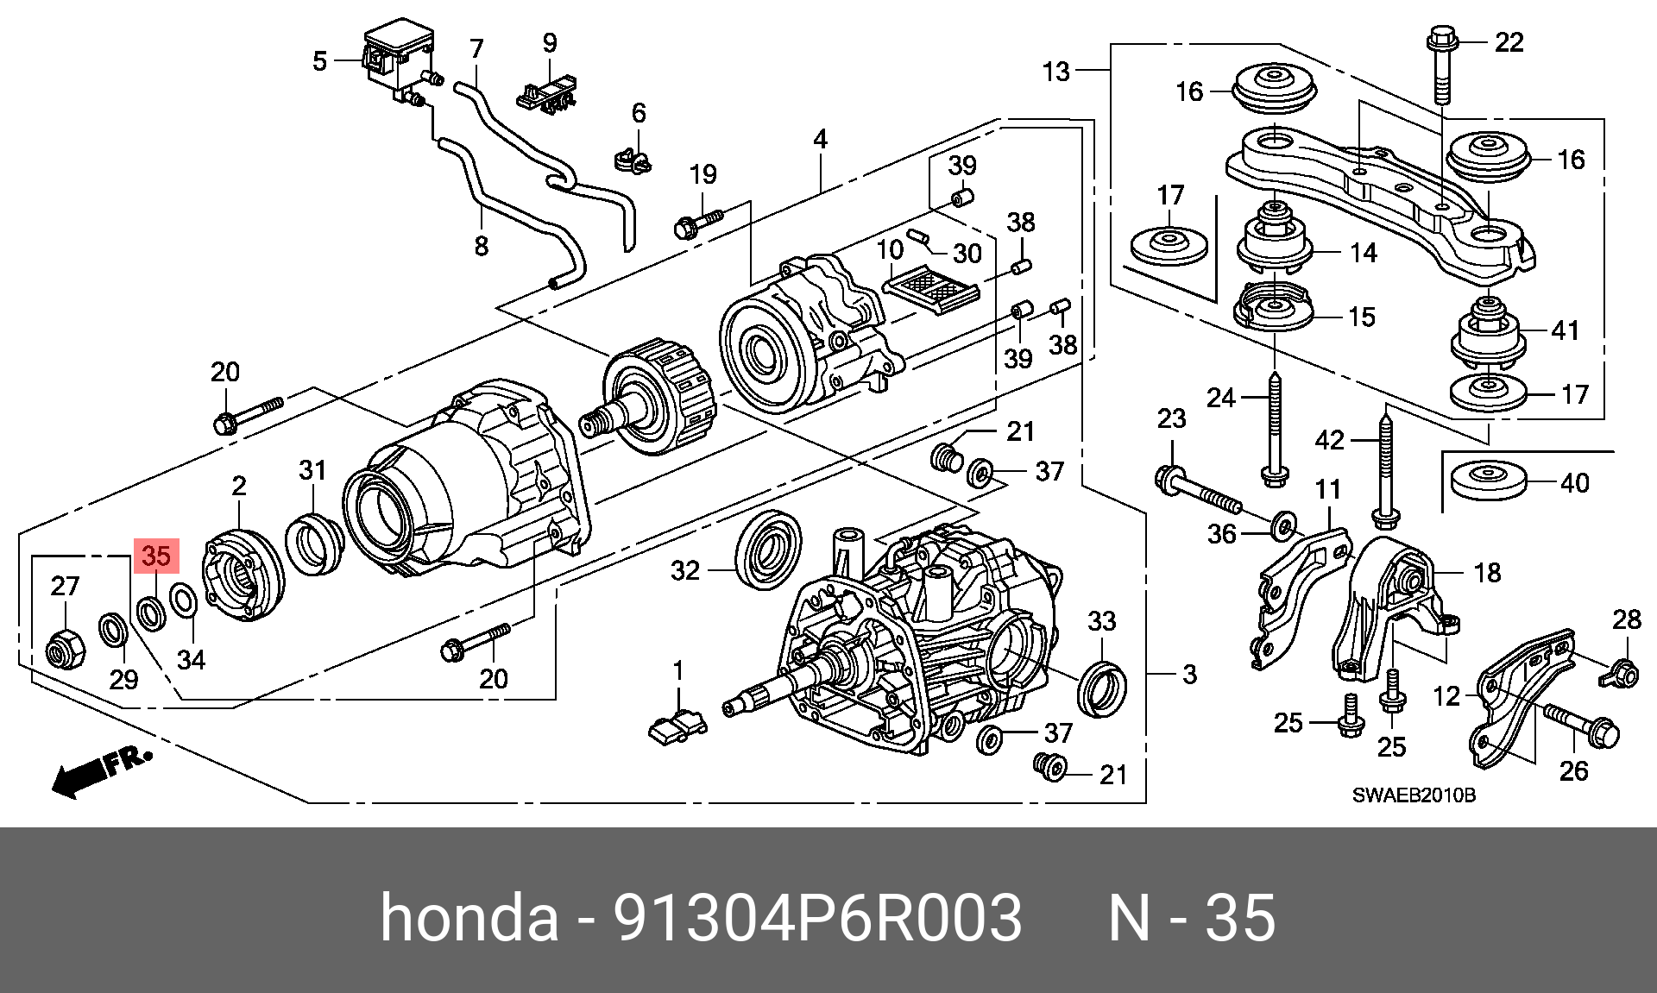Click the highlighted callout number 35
coord(156,556)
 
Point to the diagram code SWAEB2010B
coord(1414,795)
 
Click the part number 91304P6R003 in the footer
coord(816,918)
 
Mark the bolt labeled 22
coord(1442,69)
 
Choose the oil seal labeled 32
coord(767,550)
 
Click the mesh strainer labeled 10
coord(930,287)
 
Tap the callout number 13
coord(1055,71)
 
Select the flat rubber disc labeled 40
coord(1488,481)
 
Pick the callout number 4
coord(820,139)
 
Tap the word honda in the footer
coord(469,918)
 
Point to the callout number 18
coord(1487,572)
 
